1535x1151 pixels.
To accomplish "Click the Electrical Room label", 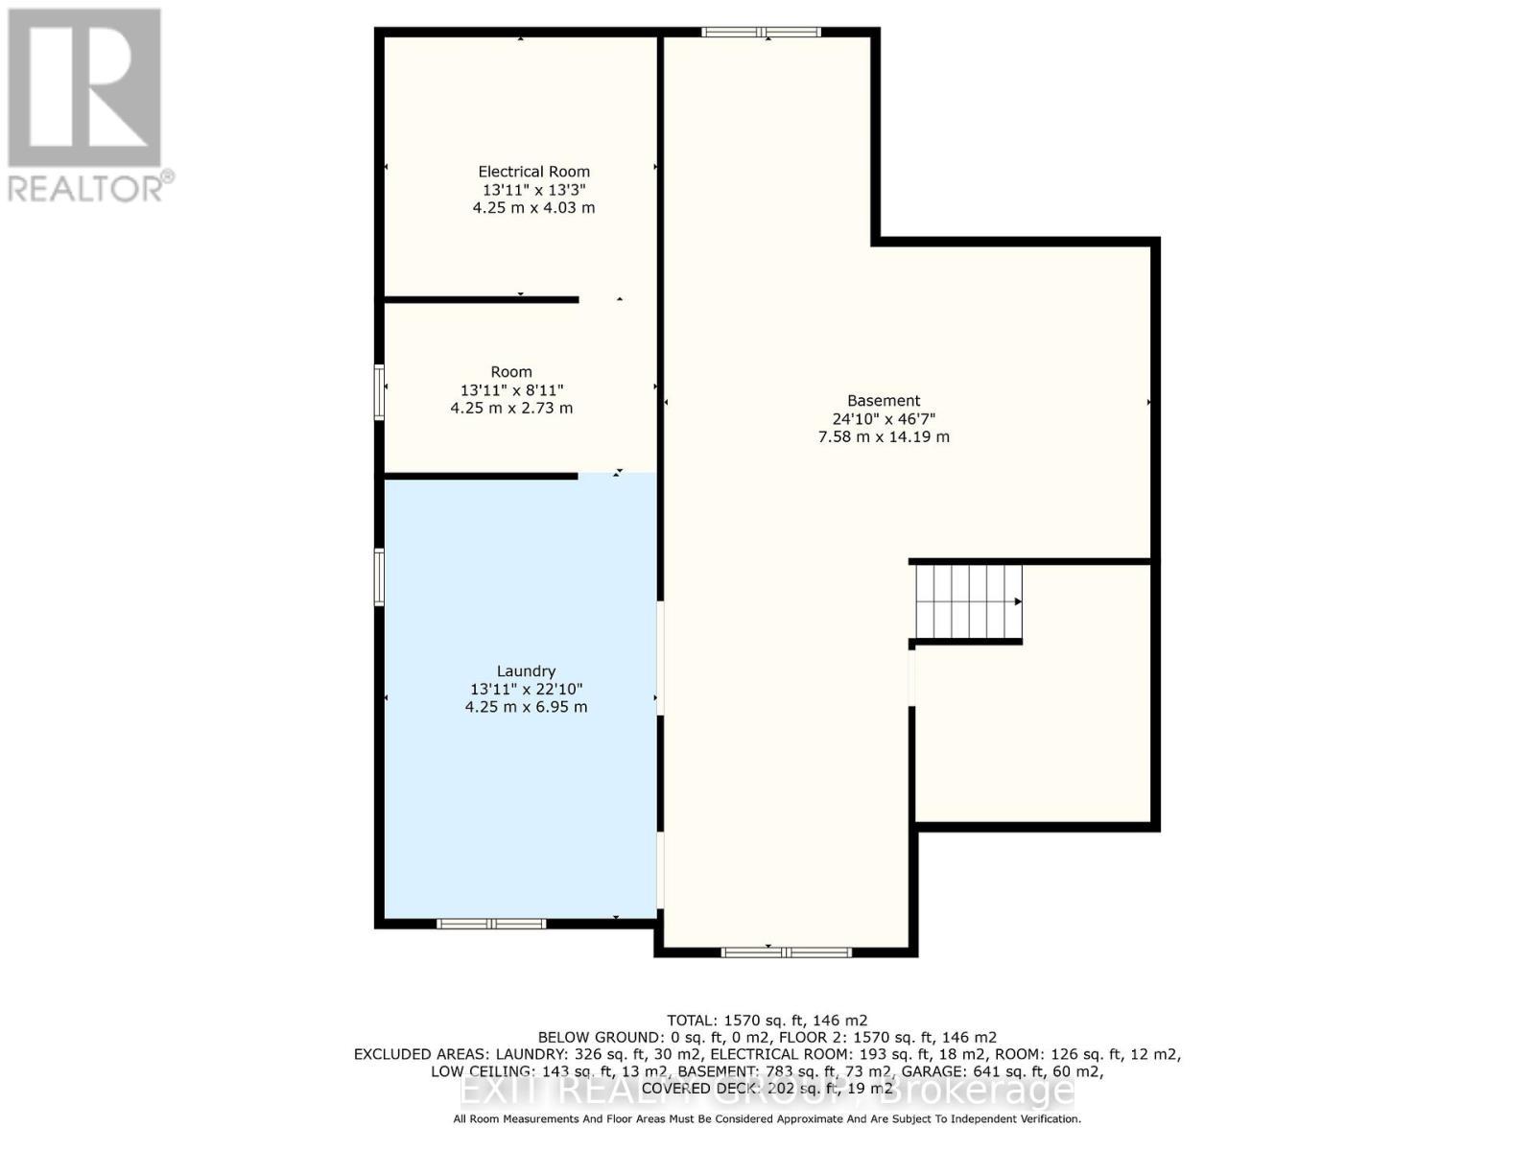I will [533, 172].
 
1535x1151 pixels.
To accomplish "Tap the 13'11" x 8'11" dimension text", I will [511, 390].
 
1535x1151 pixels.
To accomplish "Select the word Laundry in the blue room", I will [526, 671].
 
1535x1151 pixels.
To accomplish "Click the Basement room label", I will [884, 401].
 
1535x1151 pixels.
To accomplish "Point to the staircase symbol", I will [967, 602].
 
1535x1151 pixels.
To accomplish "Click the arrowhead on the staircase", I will [1018, 601].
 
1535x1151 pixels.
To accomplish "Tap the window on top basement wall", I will [761, 33].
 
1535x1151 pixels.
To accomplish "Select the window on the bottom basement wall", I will [786, 951].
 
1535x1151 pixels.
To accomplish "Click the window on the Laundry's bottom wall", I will [491, 924].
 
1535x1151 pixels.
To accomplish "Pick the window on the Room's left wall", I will [380, 391].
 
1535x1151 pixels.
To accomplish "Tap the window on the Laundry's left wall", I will [380, 576].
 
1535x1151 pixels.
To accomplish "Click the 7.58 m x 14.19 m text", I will [884, 436].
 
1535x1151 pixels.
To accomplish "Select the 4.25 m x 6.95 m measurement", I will [526, 707].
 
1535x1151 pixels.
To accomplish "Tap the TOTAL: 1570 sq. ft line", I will [767, 1021].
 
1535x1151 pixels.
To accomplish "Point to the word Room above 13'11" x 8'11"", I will [511, 372].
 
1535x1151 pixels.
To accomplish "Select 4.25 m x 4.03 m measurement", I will [533, 207].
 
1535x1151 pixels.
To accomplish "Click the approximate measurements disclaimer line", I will [767, 1119].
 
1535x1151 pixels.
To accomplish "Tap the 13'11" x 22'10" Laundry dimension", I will [526, 689].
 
